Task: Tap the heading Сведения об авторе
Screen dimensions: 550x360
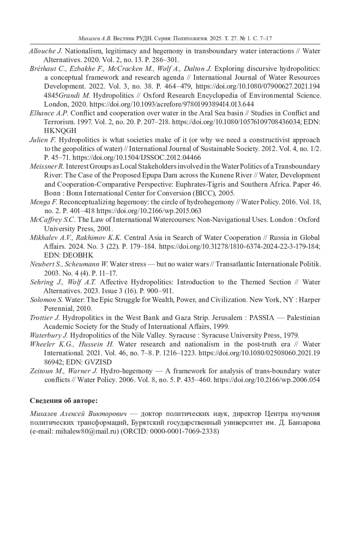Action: pyautogui.click(x=64, y=401)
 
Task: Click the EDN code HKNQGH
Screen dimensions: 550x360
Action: pyautogui.click(x=60, y=131)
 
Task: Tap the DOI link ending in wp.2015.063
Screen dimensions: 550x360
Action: pyautogui.click(x=149, y=211)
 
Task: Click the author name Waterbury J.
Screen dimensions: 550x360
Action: pyautogui.click(x=49, y=336)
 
